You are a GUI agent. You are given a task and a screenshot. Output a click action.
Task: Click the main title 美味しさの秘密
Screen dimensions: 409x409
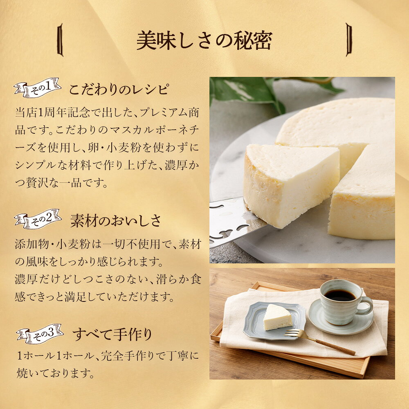(204, 40)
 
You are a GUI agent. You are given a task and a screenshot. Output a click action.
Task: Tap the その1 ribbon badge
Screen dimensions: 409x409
(38, 88)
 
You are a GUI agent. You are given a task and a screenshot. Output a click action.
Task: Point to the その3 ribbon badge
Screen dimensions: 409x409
(40, 334)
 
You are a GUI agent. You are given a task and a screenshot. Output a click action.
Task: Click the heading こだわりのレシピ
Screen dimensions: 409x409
(119, 90)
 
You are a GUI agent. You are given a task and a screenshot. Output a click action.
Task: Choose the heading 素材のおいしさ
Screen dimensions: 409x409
(116, 221)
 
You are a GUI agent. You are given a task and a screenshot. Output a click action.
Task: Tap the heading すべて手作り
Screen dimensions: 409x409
(112, 335)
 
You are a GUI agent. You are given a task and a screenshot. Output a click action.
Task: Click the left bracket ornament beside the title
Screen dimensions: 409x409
(60, 40)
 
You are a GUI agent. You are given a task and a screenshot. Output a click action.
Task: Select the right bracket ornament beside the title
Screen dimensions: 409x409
(349, 40)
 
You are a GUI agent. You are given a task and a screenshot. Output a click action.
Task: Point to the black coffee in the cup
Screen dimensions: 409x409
(339, 295)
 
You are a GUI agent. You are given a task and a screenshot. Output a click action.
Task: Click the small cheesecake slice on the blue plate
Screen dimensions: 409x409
(277, 317)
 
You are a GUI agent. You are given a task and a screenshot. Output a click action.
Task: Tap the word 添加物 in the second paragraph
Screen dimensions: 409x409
(32, 244)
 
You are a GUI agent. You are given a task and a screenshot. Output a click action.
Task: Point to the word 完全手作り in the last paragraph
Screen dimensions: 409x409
(129, 356)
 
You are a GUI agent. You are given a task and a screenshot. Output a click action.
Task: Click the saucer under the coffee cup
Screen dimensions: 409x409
(341, 317)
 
